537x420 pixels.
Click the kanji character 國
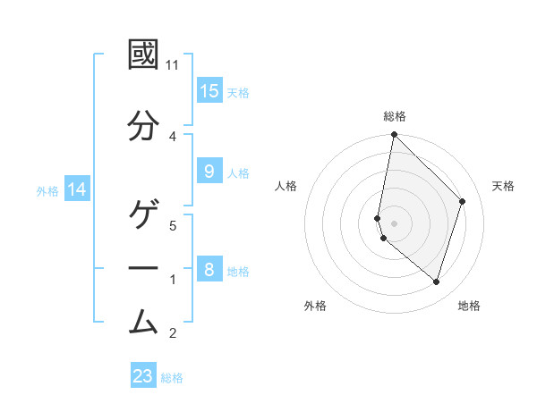click(144, 55)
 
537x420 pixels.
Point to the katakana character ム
click(144, 319)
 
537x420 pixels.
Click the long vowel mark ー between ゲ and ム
click(144, 268)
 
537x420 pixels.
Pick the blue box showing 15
click(209, 91)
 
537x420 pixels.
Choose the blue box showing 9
click(209, 172)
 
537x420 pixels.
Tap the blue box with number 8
click(209, 270)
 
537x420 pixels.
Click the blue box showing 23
click(143, 376)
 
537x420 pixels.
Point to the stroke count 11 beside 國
click(173, 65)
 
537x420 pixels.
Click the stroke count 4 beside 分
click(173, 136)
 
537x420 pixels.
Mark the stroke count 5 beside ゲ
click(173, 227)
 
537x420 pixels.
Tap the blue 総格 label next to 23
click(172, 378)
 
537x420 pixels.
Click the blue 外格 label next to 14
click(47, 190)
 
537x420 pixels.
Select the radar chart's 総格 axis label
click(394, 116)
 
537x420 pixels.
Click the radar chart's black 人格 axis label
click(286, 186)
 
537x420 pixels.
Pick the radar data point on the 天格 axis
click(463, 201)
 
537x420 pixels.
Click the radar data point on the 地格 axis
click(436, 281)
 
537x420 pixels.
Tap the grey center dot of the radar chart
click(394, 223)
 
